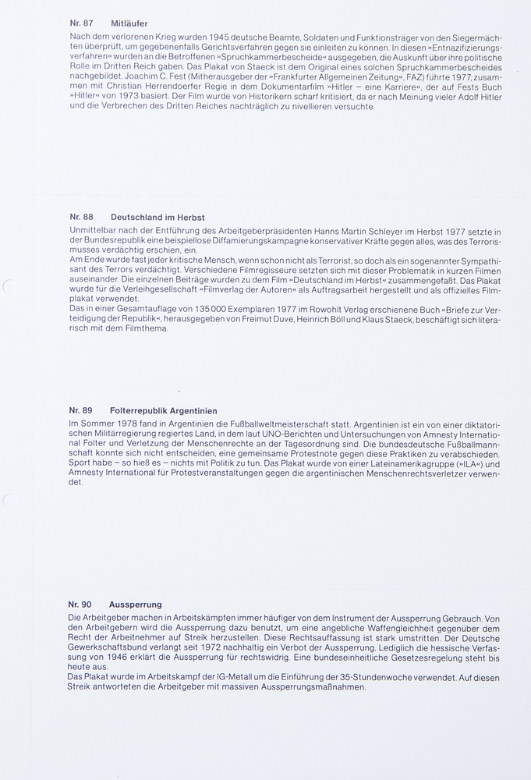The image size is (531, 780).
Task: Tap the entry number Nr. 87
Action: (x=82, y=23)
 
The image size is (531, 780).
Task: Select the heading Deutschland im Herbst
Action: (x=158, y=217)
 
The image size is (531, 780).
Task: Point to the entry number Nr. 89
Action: (x=81, y=410)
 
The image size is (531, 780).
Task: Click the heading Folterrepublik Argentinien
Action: (x=164, y=410)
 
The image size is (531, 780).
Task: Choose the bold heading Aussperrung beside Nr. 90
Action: (x=136, y=604)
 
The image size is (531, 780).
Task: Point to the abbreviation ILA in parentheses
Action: (x=458, y=464)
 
